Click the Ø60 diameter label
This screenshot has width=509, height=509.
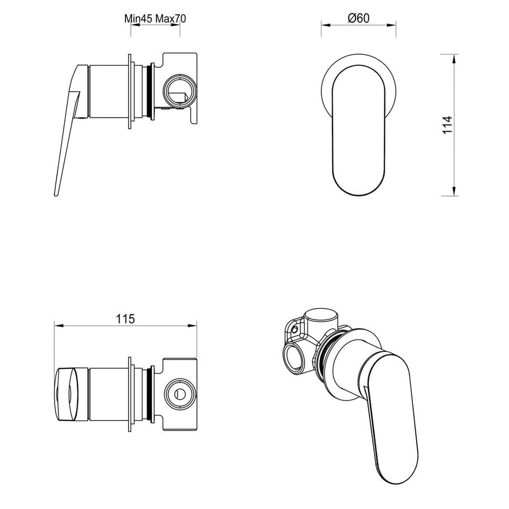click(359, 18)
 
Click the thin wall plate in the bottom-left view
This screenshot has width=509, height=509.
click(129, 394)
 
